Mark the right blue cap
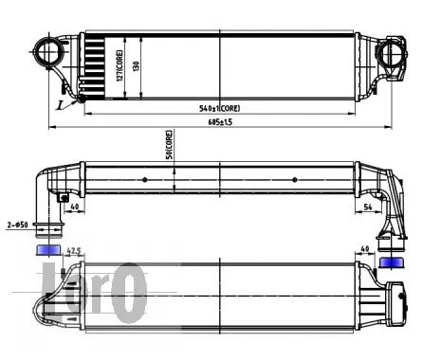tap(390, 261)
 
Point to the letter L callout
tap(60, 105)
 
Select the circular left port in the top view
tap(45, 52)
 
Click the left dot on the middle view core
tap(144, 179)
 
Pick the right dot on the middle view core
tap(295, 179)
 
